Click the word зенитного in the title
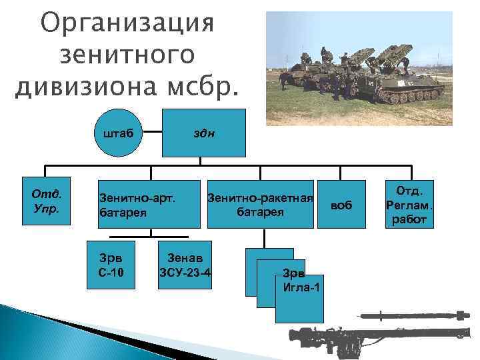[x=127, y=56]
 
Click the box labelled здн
[x=204, y=132]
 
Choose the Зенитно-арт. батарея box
[x=149, y=204]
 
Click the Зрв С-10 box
[x=111, y=265]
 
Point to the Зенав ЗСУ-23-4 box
[x=185, y=265]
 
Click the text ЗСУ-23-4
[x=185, y=271]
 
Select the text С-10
[x=110, y=271]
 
